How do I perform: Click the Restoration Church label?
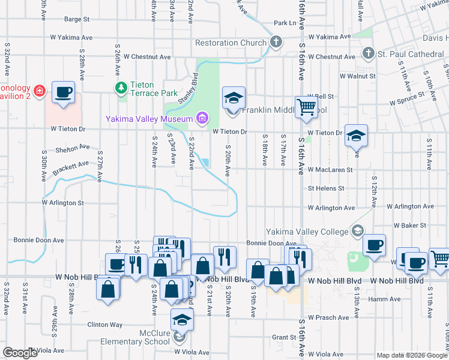(x=231, y=43)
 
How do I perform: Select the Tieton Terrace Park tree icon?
(x=121, y=88)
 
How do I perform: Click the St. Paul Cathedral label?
(x=411, y=54)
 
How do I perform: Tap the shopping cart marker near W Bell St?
(x=306, y=107)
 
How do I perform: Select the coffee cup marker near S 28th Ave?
(x=63, y=92)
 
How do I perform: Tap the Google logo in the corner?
(x=20, y=353)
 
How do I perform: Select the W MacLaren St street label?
(x=330, y=170)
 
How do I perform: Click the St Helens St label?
(x=326, y=188)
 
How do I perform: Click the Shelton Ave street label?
(x=72, y=148)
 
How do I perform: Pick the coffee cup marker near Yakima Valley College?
(x=374, y=245)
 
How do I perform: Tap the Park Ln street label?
(x=285, y=23)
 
